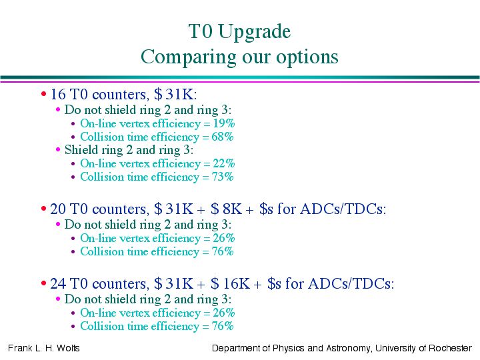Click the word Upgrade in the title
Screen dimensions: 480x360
254,32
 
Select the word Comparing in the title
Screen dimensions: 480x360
188,57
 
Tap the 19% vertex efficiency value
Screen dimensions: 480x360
224,123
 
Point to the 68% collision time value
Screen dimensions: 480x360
223,137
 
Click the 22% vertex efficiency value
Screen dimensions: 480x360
224,163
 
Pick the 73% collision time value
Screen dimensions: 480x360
223,177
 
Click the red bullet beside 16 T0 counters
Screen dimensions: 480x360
43,94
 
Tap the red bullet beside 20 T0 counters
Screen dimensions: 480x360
43,209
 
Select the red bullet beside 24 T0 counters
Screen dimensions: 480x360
43,283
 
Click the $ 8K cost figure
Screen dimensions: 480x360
227,209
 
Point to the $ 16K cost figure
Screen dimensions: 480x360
231,283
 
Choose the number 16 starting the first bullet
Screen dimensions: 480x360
58,94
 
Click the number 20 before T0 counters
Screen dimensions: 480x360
58,209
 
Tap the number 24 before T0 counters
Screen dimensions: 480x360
58,283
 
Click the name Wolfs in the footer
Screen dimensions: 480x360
68,348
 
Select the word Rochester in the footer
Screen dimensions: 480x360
450,348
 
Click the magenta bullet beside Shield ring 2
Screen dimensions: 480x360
58,149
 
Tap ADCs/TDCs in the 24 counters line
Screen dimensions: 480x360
351,283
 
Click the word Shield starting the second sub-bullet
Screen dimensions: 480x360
79,150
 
